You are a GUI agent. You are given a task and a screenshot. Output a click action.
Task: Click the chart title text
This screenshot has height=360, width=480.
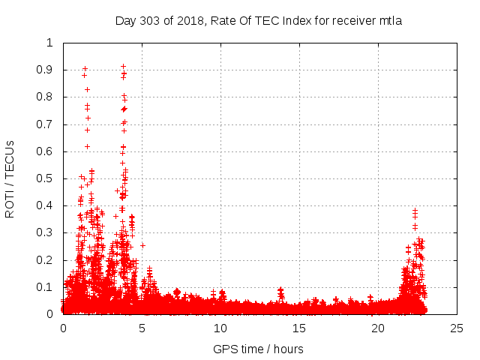point(259,20)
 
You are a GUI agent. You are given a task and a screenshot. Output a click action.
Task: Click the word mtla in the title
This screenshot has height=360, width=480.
point(390,20)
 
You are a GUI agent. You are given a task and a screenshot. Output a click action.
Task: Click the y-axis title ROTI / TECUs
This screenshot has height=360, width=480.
point(10,178)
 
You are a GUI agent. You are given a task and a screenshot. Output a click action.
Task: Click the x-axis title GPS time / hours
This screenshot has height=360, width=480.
point(258,349)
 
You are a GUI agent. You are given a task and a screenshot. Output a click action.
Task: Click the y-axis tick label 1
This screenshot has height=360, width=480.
point(50,43)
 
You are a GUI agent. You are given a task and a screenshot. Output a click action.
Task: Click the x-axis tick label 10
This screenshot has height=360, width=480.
point(220,328)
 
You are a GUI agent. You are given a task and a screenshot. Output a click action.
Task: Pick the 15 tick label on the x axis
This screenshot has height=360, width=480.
point(299,328)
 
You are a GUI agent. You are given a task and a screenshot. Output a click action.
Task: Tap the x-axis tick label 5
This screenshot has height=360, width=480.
point(142,328)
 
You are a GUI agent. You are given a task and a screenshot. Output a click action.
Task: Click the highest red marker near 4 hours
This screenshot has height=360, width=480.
point(123,66)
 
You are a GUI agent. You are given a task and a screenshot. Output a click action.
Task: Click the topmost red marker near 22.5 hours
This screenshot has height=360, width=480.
point(415,211)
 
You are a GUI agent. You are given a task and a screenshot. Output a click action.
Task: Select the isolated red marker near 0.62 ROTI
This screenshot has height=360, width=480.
point(87,146)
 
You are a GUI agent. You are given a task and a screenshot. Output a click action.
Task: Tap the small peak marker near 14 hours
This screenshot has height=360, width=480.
point(280,289)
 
